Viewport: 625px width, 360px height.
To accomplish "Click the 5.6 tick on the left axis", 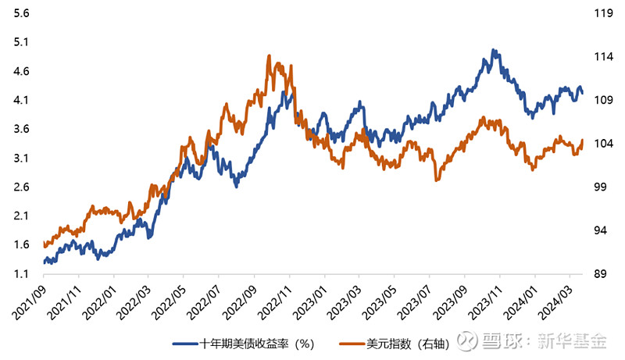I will pos(22,14).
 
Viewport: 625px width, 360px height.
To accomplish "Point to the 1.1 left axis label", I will pos(22,273).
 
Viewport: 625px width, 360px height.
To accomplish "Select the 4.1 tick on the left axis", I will pos(22,100).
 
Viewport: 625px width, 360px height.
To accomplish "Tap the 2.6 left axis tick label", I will pos(22,187).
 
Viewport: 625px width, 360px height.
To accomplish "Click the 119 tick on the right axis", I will pos(601,14).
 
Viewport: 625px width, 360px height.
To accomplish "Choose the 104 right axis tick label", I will pos(601,144).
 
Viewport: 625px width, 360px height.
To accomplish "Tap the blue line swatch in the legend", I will pos(183,343).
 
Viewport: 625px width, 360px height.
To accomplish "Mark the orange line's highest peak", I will pos(269,56).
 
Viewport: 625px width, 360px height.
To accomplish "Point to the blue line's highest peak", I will pos(494,50).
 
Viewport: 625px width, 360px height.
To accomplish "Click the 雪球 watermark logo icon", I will pos(466,341).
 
